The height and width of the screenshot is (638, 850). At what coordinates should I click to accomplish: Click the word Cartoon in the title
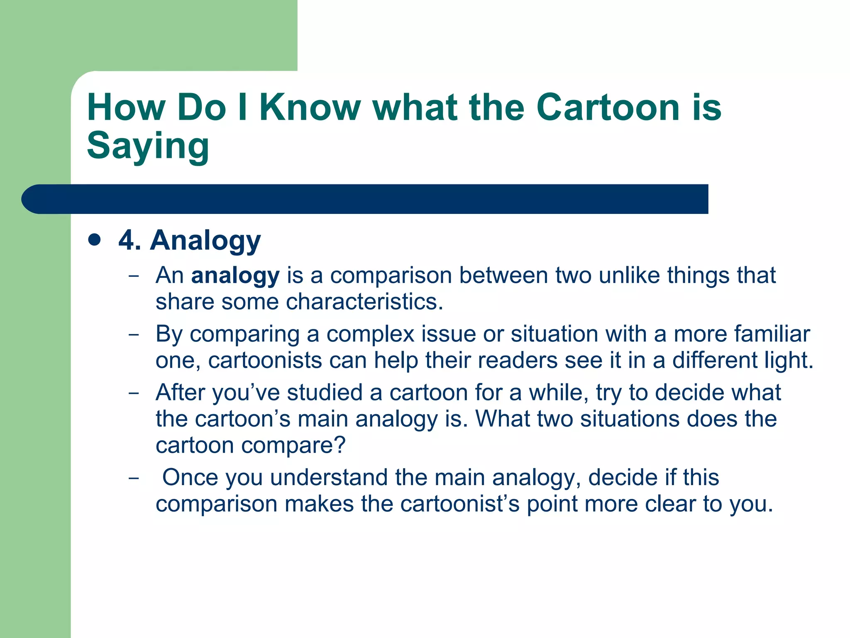(x=608, y=107)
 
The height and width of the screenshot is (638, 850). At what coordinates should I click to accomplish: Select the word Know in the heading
(x=310, y=107)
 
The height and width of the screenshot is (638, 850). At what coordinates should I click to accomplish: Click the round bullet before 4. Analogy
(x=95, y=240)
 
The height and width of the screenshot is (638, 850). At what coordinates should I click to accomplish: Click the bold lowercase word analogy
(x=235, y=276)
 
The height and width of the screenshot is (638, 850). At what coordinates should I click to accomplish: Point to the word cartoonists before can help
(x=265, y=360)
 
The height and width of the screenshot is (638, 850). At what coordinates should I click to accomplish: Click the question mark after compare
(x=340, y=445)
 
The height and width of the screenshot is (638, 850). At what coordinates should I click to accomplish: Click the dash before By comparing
(x=134, y=334)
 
